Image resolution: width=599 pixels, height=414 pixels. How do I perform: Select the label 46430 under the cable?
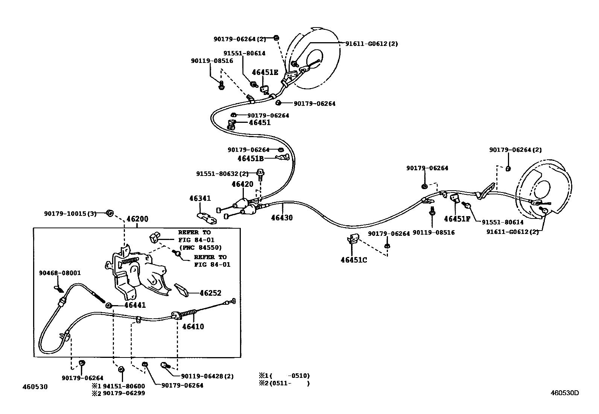[282, 218]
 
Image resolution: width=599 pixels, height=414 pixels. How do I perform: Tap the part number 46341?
[200, 199]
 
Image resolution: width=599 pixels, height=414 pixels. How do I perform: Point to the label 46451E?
[265, 72]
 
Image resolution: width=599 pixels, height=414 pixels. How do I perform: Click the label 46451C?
[354, 260]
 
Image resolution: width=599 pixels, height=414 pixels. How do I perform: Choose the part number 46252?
[210, 293]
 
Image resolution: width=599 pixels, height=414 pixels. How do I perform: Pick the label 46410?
[193, 327]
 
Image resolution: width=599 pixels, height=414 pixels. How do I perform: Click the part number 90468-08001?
[60, 273]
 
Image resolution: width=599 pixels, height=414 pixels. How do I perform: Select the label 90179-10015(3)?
[70, 214]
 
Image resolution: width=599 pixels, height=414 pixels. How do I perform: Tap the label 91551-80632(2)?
[222, 174]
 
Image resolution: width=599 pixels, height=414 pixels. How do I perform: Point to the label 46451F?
[457, 219]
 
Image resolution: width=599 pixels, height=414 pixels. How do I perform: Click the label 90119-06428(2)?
[207, 376]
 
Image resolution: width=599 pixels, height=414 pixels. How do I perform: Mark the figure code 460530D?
[565, 393]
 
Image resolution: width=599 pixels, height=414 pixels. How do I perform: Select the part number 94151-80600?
[124, 386]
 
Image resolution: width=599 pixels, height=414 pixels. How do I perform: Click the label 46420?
[242, 184]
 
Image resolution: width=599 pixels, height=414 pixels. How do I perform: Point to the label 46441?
[135, 306]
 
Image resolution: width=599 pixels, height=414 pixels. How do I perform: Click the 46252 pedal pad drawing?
[181, 291]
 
